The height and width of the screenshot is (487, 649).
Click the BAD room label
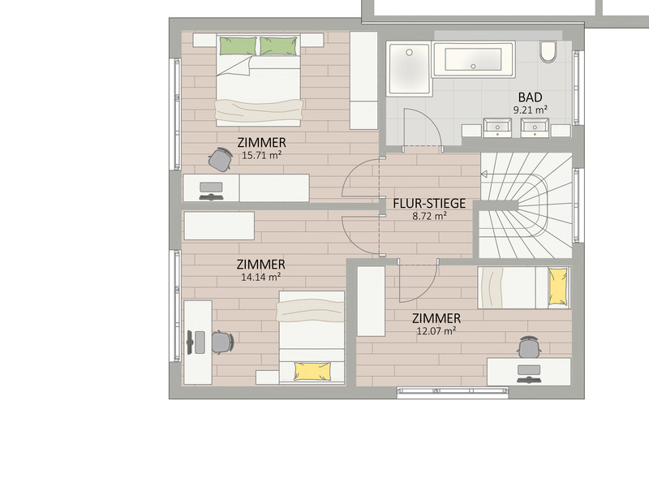click(x=531, y=97)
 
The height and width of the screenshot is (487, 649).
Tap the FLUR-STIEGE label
click(x=429, y=204)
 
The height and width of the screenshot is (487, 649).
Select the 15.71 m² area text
click(x=261, y=155)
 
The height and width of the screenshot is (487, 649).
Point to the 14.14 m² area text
click(x=260, y=277)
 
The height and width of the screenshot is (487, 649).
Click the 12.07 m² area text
click(x=436, y=330)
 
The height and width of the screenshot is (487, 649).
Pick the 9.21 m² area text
click(x=531, y=110)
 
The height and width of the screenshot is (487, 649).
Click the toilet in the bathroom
click(x=548, y=52)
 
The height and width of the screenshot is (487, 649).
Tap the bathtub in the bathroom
click(x=473, y=59)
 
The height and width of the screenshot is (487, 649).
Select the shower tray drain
click(x=410, y=53)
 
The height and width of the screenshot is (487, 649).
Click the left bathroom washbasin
click(x=497, y=127)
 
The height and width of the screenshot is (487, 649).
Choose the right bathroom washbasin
click(x=535, y=127)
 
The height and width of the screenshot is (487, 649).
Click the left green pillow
click(x=238, y=46)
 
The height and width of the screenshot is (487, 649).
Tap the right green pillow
click(x=278, y=46)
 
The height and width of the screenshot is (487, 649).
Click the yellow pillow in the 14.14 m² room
click(x=312, y=372)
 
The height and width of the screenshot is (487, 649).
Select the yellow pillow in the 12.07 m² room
click(x=558, y=287)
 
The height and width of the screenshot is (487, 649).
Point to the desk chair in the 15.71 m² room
click(x=220, y=159)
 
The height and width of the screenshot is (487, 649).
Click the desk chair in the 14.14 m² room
click(x=222, y=343)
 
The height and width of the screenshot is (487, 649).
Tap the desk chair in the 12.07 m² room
click(x=530, y=347)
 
